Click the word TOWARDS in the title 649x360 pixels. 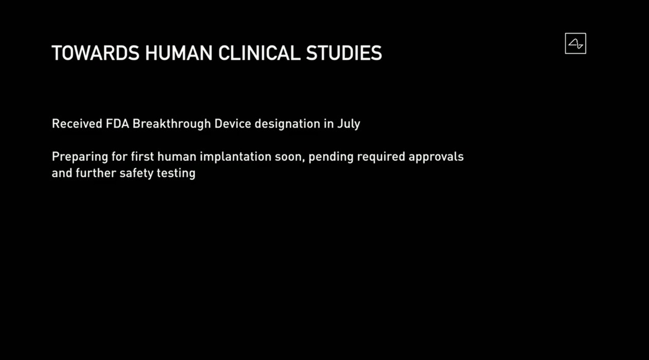(96, 53)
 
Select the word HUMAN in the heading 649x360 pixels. (179, 53)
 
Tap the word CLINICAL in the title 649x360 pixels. (259, 53)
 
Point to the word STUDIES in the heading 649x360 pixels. (344, 53)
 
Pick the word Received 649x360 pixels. (77, 124)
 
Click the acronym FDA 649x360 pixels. (117, 124)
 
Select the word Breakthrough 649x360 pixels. (172, 124)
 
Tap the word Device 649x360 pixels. (233, 124)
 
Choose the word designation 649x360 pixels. (287, 124)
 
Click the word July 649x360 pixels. (348, 124)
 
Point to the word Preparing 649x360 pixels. (80, 157)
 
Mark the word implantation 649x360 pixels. (235, 157)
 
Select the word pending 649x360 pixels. (331, 157)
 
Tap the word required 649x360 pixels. (381, 158)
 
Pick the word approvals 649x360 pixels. (436, 158)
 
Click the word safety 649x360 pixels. (137, 174)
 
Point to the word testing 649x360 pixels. (176, 174)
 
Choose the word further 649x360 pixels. (96, 173)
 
